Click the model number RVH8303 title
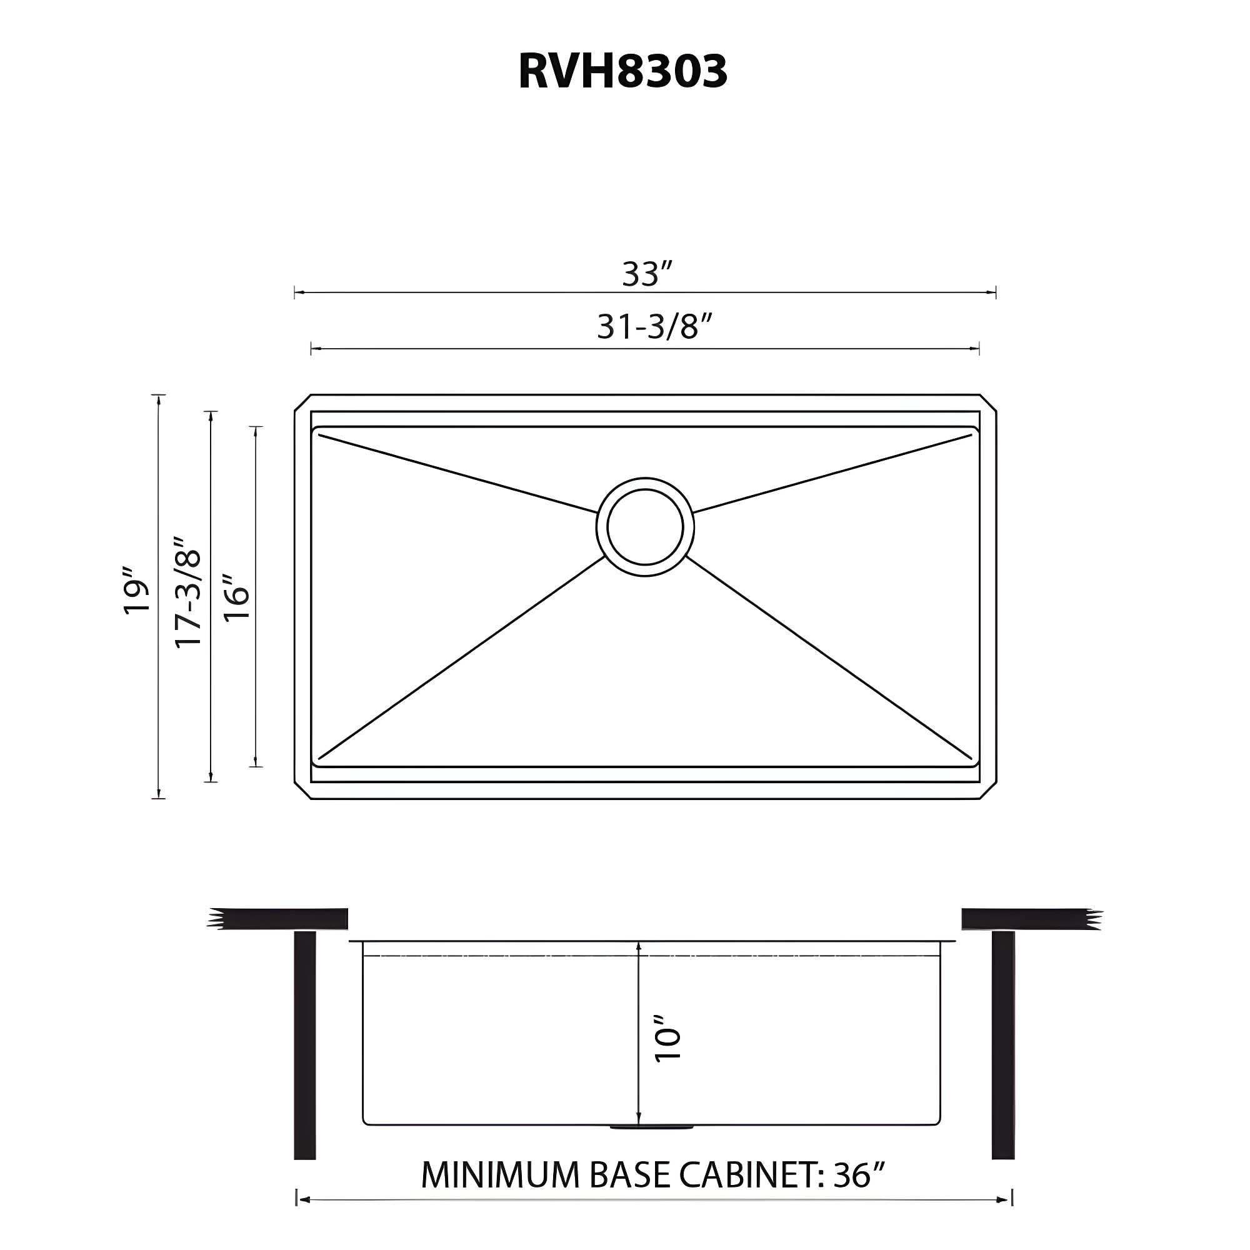[x=622, y=71]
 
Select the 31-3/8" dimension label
[x=655, y=327]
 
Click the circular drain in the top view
[x=645, y=527]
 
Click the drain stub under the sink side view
[x=651, y=1128]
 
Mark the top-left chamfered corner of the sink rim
[x=302, y=402]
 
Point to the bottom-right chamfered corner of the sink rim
[x=988, y=791]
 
